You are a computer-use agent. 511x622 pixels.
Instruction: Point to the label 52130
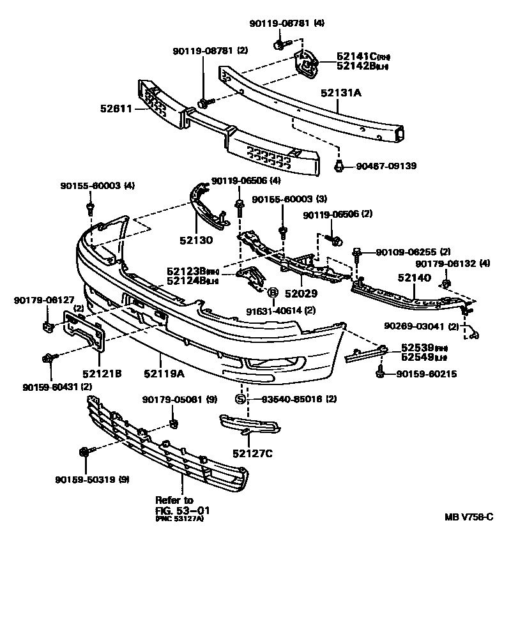(195, 242)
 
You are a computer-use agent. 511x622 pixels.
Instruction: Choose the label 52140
(415, 278)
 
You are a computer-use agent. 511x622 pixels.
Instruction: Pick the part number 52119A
(164, 373)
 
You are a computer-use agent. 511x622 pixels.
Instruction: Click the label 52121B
(101, 373)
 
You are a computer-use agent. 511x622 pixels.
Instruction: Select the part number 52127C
(252, 453)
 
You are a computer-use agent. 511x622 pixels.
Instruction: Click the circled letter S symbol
(241, 400)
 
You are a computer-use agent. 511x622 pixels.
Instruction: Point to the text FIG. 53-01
(183, 511)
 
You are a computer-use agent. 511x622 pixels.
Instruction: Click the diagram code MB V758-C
(469, 517)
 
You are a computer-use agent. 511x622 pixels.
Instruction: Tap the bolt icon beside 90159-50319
(84, 453)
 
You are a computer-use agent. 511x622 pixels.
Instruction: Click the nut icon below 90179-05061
(173, 423)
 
